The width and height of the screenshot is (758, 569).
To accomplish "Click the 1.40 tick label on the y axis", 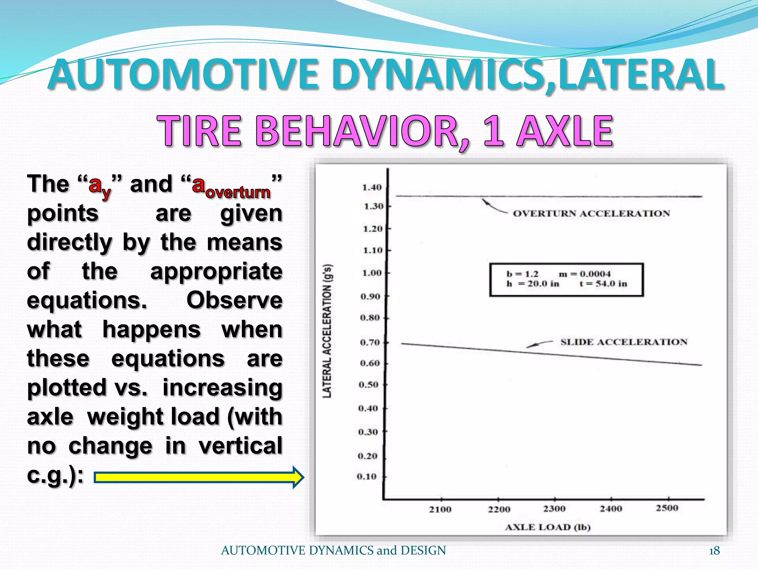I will (372, 187).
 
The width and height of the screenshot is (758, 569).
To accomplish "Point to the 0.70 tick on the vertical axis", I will (370, 342).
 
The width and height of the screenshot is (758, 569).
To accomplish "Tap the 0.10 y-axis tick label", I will (366, 476).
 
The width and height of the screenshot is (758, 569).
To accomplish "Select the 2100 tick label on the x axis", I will (440, 510).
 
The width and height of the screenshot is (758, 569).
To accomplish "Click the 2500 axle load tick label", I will (667, 508).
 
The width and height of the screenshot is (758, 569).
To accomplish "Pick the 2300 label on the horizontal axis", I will (554, 509).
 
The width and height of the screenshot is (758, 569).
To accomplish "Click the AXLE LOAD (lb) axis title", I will (548, 527).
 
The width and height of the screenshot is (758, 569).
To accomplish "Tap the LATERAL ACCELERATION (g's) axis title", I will (327, 331).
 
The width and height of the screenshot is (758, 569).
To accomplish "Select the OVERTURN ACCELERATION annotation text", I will (591, 214).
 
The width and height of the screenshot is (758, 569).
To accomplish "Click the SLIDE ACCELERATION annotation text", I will (624, 342).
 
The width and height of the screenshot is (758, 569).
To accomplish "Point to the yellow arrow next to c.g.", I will (199, 478).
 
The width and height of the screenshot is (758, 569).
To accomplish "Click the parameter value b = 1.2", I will (522, 274).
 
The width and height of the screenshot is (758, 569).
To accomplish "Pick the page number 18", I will (714, 551).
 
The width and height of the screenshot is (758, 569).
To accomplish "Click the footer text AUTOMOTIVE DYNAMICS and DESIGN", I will (333, 550).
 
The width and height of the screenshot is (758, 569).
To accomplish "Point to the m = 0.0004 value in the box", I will (584, 274).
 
